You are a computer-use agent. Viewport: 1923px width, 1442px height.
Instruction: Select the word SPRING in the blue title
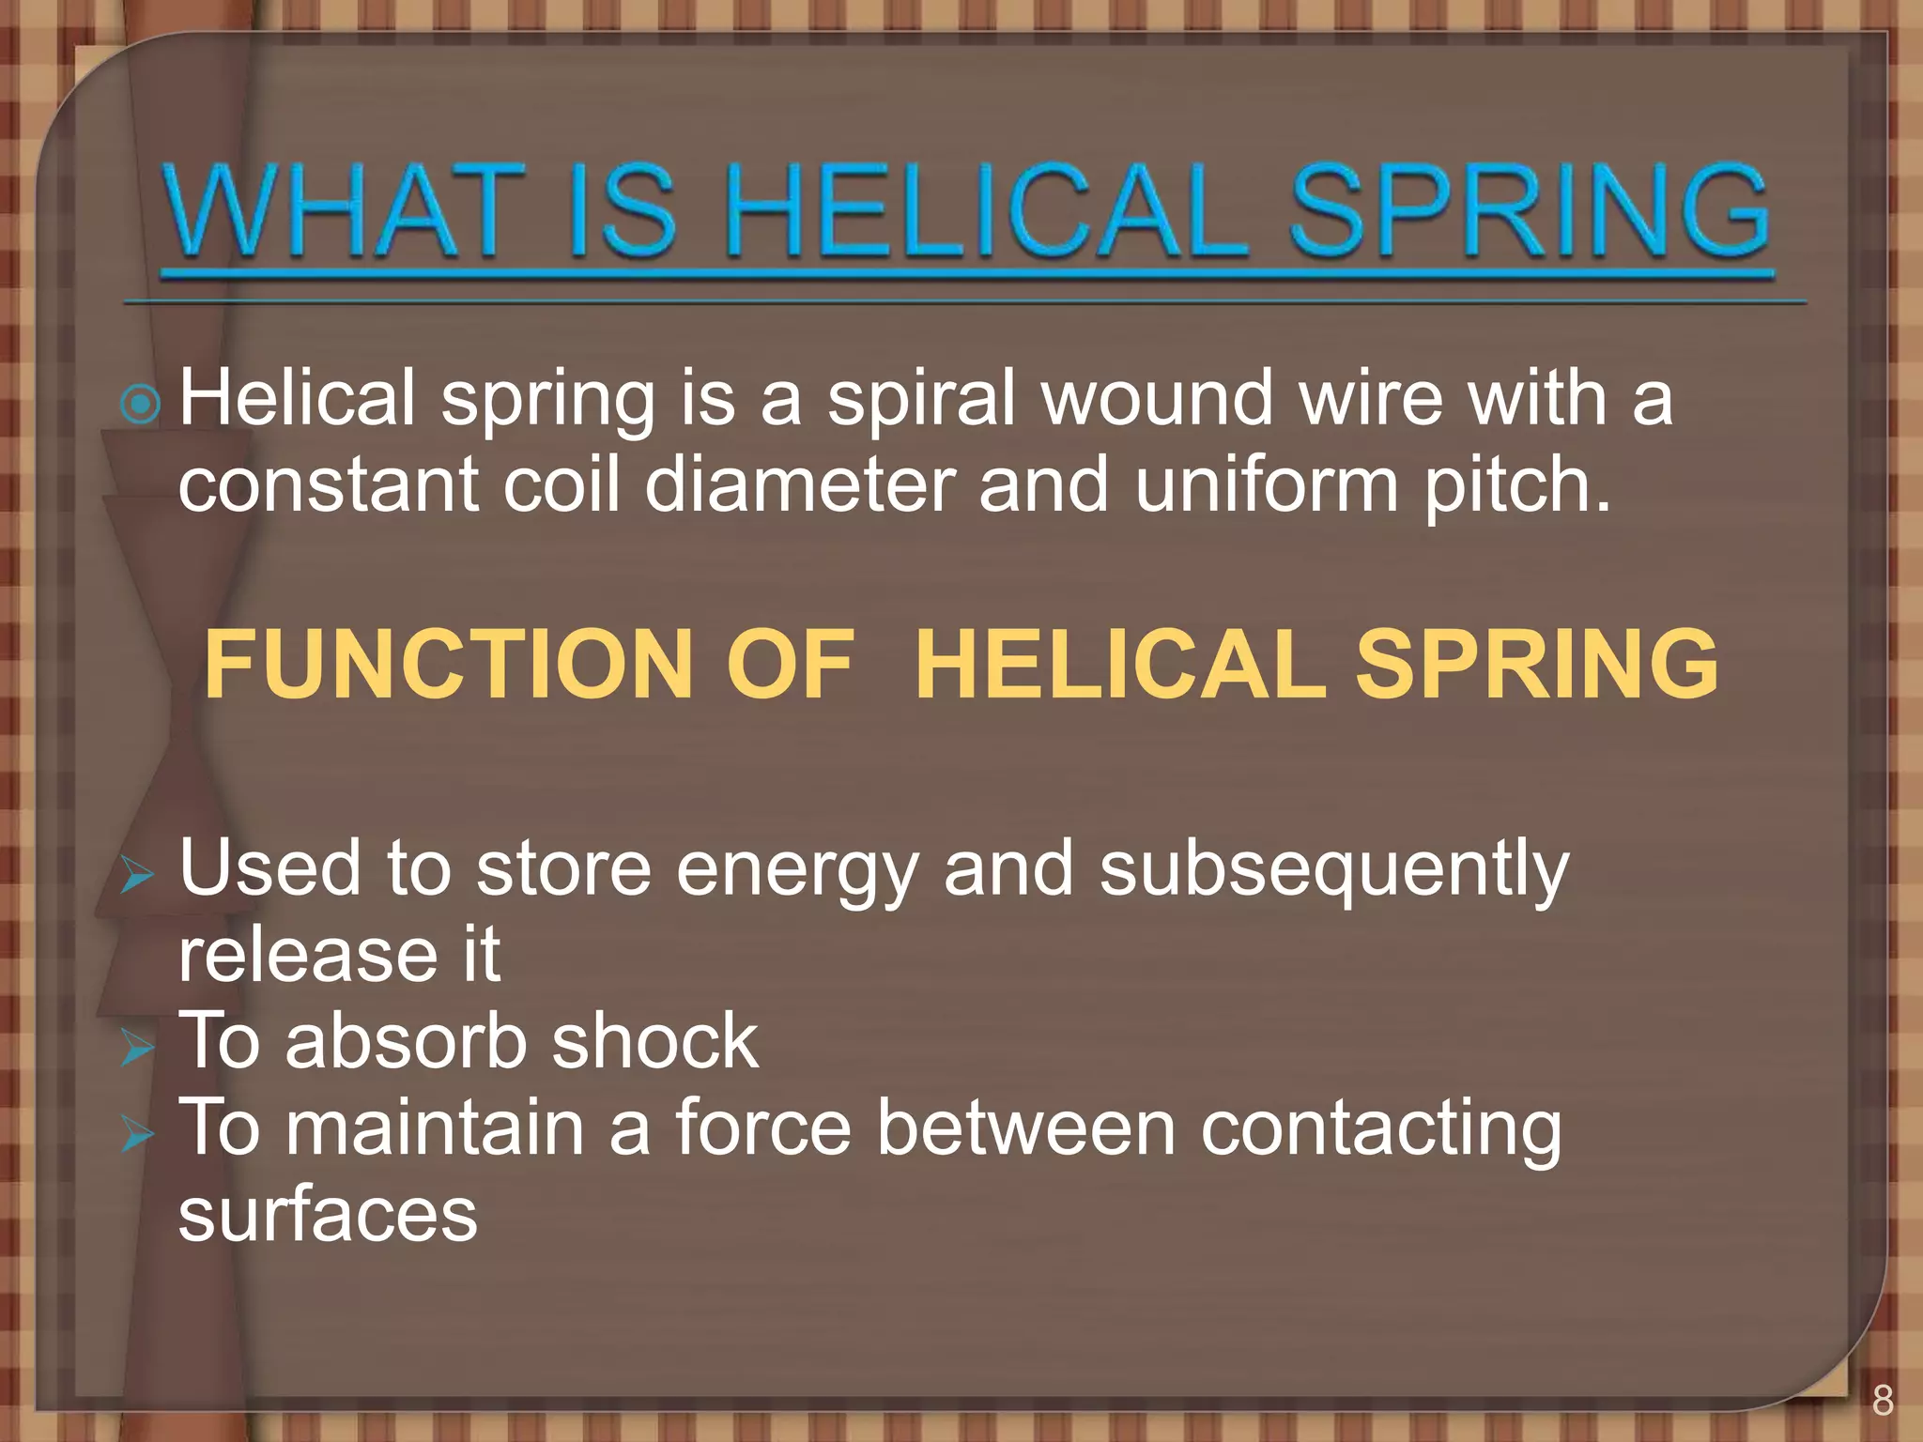pyautogui.click(x=1529, y=211)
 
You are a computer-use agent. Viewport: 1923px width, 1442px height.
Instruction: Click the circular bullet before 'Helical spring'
pyautogui.click(x=141, y=405)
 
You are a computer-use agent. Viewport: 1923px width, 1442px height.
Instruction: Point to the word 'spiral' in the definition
pyautogui.click(x=922, y=399)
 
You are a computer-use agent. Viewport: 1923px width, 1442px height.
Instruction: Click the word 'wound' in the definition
pyautogui.click(x=1157, y=399)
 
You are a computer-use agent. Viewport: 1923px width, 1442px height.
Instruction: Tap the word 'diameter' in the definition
pyautogui.click(x=800, y=485)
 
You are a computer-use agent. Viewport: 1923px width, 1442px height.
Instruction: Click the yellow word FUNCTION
pyautogui.click(x=450, y=665)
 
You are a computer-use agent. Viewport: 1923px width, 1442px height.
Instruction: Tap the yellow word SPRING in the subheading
pyautogui.click(x=1537, y=665)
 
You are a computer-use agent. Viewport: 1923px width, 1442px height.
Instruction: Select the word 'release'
pyautogui.click(x=307, y=956)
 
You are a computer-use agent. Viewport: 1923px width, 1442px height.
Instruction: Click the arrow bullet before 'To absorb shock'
pyautogui.click(x=137, y=1048)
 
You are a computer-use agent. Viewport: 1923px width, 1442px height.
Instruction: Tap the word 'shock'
pyautogui.click(x=654, y=1042)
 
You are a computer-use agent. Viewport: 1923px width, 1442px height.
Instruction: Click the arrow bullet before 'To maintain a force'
pyautogui.click(x=137, y=1135)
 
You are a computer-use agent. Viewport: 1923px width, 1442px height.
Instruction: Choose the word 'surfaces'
pyautogui.click(x=328, y=1215)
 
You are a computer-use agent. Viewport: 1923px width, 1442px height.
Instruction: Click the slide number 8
pyautogui.click(x=1883, y=1400)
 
